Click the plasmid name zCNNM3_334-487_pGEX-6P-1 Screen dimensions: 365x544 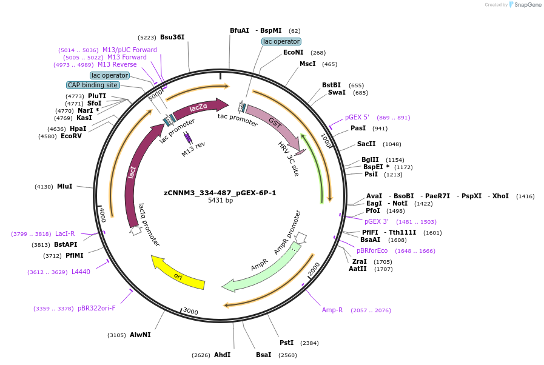tap(220, 193)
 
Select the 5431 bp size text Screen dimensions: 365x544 tap(220, 201)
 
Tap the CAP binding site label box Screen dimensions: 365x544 tap(93, 85)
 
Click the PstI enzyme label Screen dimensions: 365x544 tap(287, 343)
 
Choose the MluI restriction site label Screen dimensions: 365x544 tap(64, 187)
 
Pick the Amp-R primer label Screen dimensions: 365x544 tap(332, 310)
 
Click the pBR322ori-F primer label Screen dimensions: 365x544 tap(96, 309)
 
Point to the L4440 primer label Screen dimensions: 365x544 tap(81, 272)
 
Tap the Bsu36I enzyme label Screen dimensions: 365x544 tap(172, 38)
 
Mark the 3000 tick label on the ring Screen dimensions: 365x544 tap(190, 311)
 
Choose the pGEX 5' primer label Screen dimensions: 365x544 tap(357, 118)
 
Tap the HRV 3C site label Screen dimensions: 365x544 tap(289, 159)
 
